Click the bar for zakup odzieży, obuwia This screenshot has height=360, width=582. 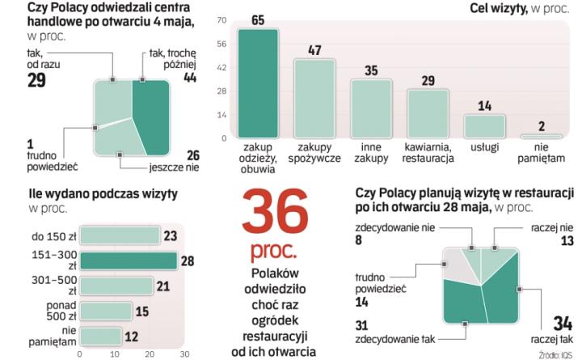(258, 83)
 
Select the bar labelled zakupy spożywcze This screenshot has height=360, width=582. (314, 98)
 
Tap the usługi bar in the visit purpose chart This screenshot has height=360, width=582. (483, 125)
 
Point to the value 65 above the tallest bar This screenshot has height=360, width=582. (258, 19)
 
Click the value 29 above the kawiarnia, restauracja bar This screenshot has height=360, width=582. (428, 80)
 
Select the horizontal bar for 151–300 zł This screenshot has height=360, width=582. (128, 260)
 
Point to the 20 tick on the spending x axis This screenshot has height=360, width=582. (149, 354)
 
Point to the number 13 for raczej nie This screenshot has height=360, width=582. (567, 240)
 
